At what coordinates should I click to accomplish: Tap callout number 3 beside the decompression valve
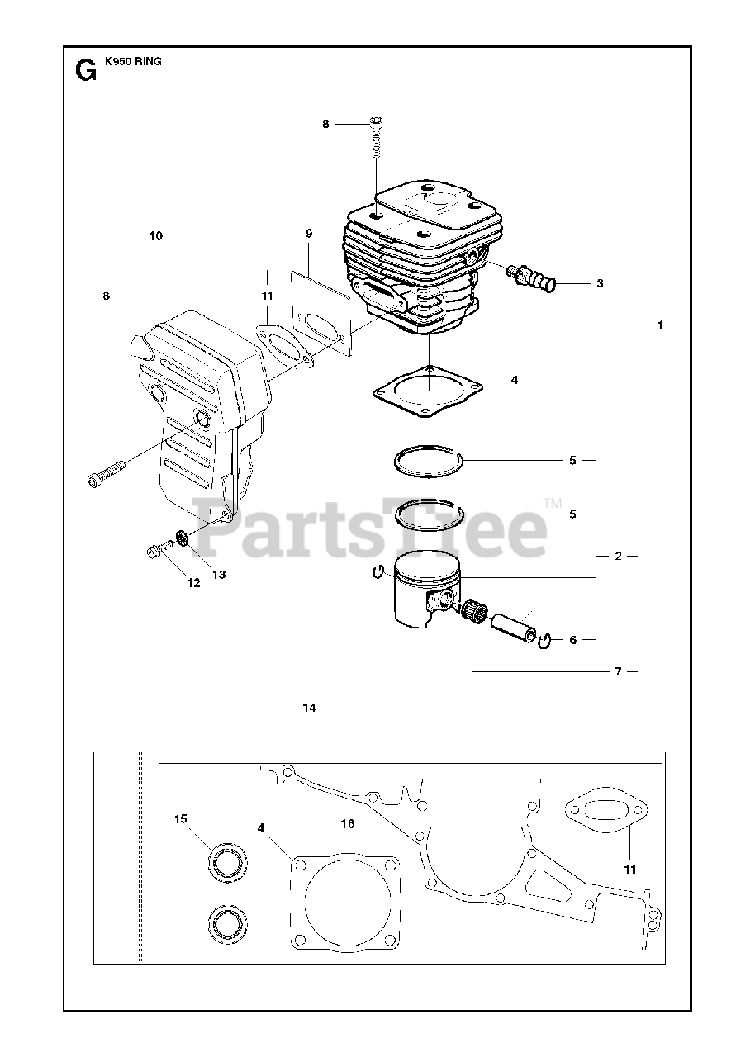pos(600,283)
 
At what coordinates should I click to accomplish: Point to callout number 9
pos(308,234)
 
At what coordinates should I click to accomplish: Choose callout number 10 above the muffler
pos(156,236)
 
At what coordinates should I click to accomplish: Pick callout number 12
pos(193,582)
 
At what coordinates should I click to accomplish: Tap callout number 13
pos(219,574)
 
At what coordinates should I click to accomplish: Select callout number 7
pos(617,671)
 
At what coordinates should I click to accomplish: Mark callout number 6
pos(573,639)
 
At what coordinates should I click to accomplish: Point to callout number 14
pos(310,708)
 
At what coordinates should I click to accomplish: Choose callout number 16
pos(348,824)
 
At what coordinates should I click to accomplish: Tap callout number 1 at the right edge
pos(661,325)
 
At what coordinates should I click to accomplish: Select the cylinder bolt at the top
pos(377,140)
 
